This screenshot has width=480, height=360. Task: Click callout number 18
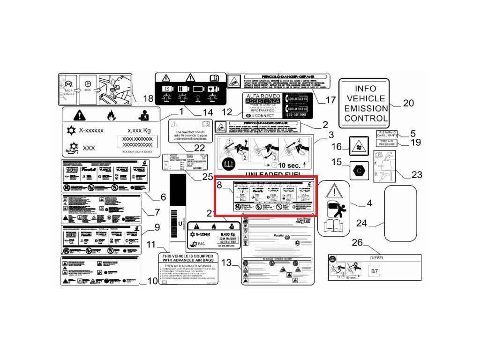[148, 98]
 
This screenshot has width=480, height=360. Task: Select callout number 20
[408, 103]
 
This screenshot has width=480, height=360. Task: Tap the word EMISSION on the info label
[366, 109]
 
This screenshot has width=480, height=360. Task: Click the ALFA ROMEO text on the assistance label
[262, 95]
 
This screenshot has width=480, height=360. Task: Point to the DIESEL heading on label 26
[377, 257]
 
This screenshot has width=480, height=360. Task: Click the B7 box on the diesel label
[374, 271]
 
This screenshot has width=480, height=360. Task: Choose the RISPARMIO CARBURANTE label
[387, 134]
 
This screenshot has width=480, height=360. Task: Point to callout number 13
[226, 263]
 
